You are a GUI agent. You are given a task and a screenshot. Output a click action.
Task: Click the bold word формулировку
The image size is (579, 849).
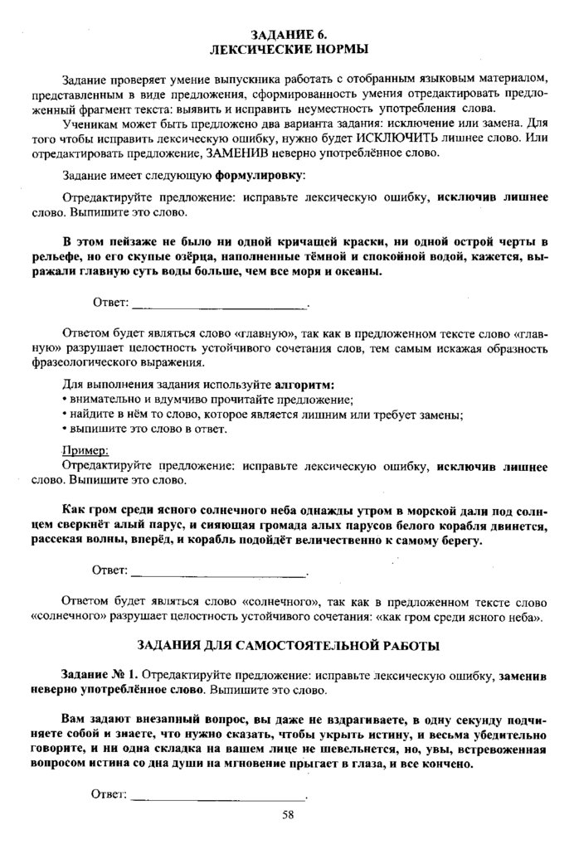259,177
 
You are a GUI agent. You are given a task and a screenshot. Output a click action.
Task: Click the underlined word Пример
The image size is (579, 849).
85,452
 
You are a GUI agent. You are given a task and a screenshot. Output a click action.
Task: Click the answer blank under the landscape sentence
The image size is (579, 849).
218,303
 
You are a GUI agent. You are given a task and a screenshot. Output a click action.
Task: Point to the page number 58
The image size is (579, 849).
288,817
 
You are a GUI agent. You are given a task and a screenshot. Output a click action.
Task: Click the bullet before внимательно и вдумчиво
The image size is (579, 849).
65,400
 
